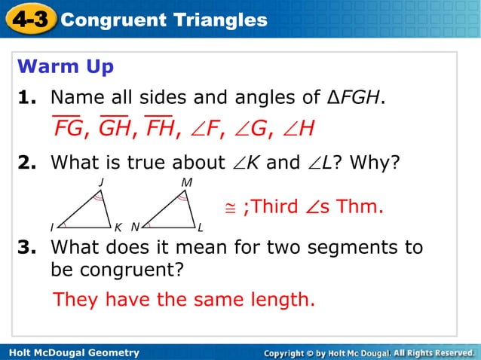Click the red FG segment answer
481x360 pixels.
(67, 129)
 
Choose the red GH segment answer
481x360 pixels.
(114, 129)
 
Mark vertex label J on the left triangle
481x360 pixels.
(101, 182)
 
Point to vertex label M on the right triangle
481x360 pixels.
(185, 182)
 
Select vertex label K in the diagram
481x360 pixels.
(118, 227)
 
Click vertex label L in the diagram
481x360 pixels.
(201, 227)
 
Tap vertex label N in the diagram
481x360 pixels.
(134, 227)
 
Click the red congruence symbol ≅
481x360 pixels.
(231, 206)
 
